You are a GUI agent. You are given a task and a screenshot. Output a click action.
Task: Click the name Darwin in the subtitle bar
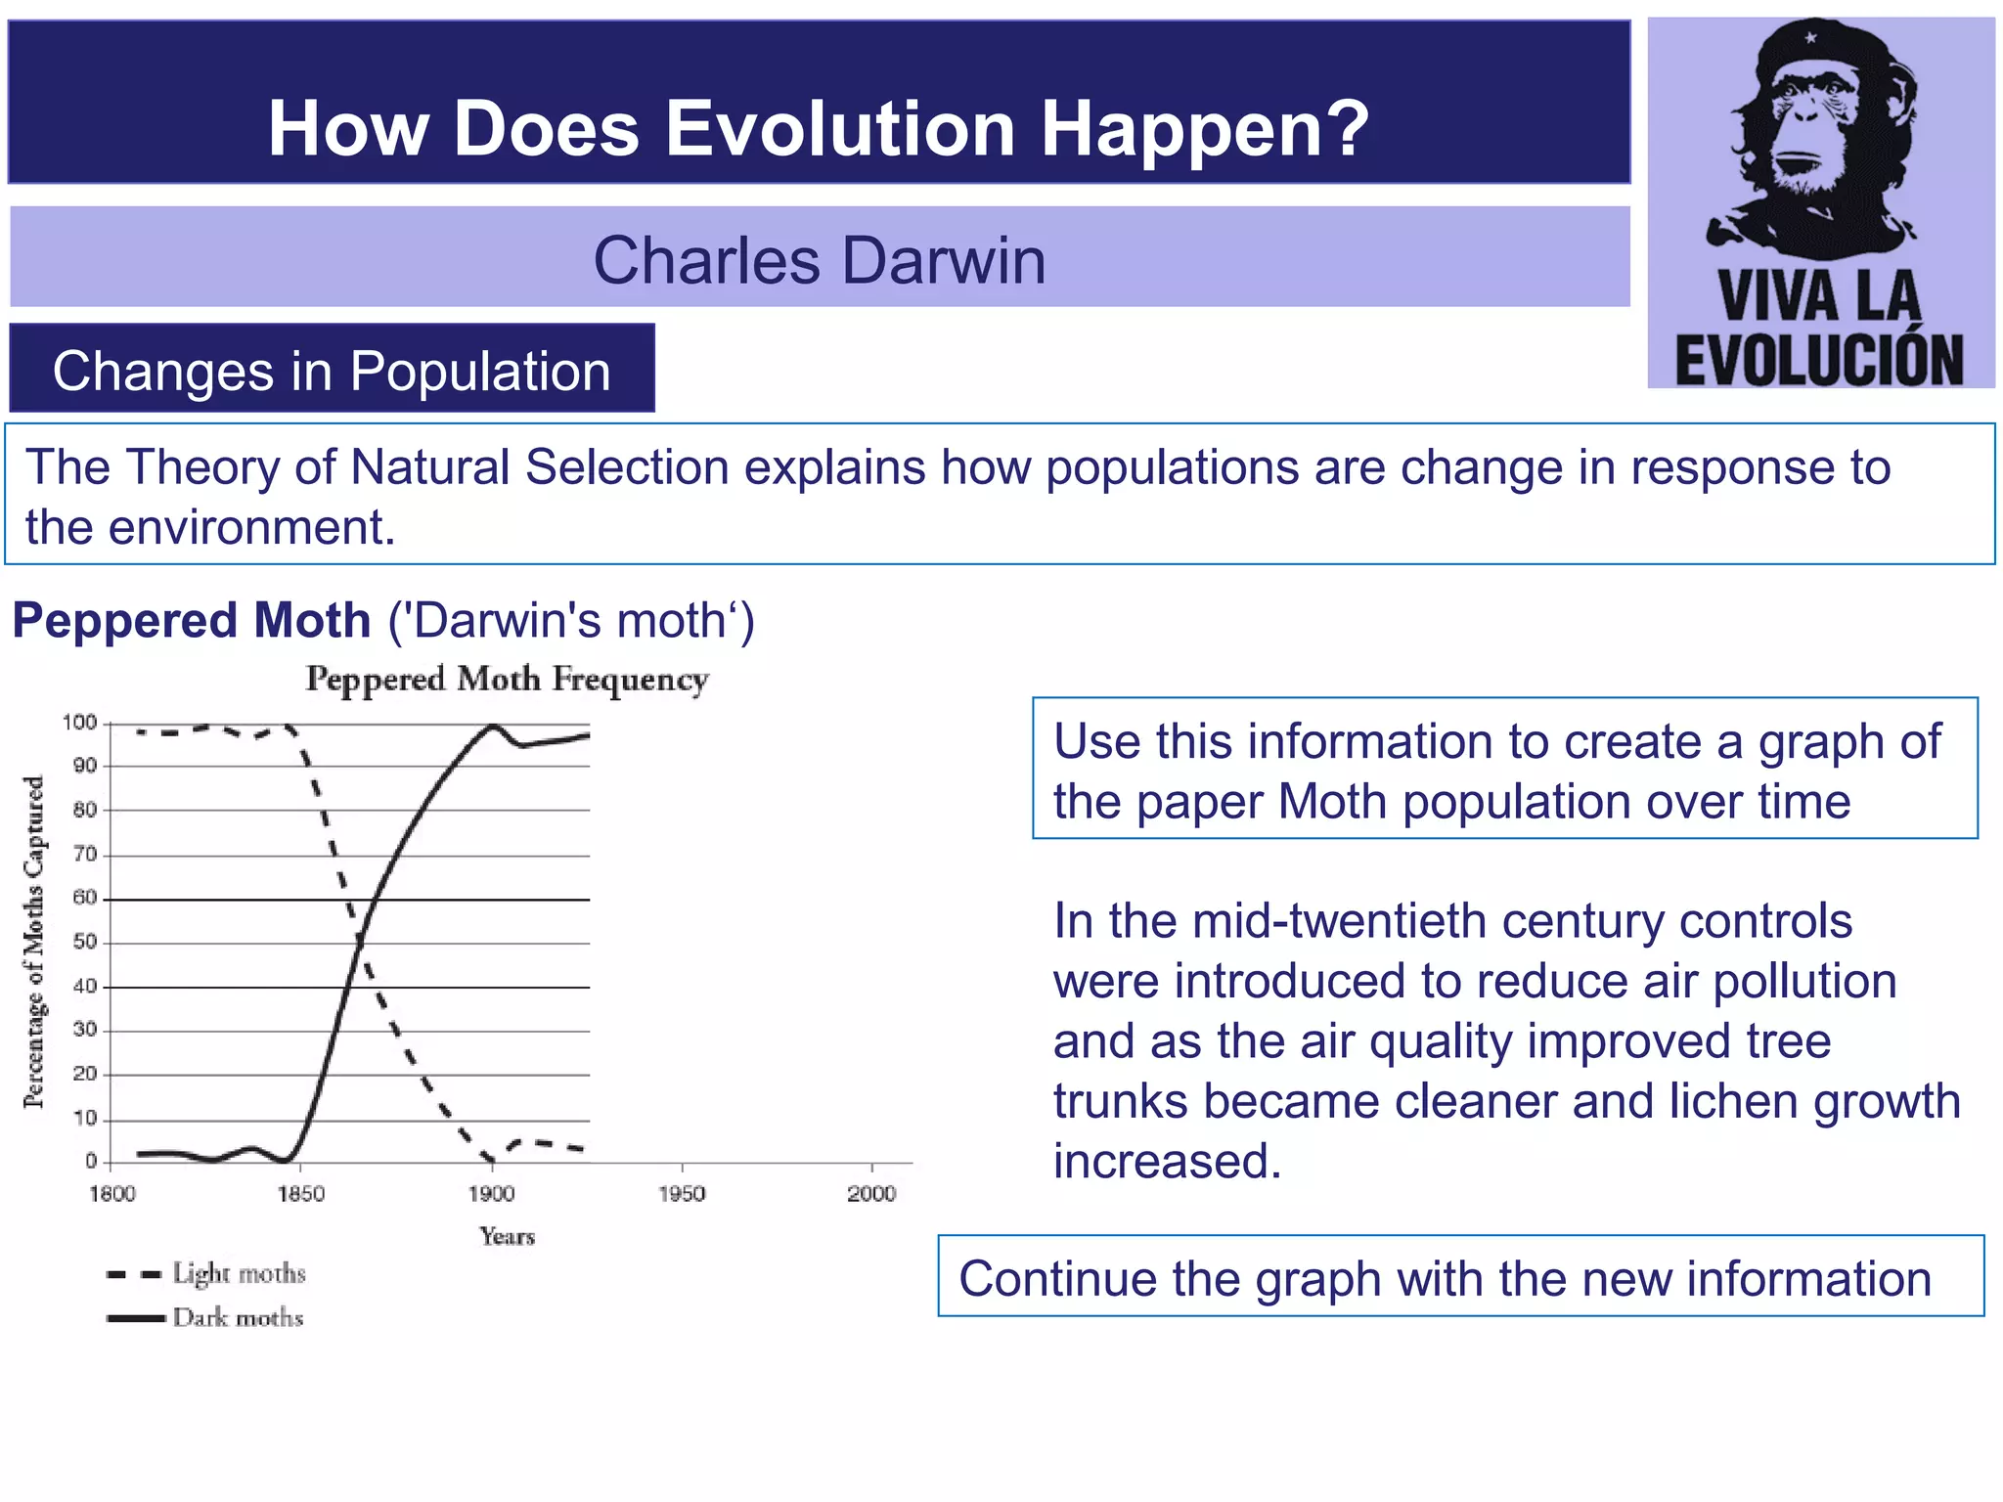(x=944, y=261)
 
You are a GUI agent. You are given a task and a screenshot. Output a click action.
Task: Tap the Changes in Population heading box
(x=332, y=371)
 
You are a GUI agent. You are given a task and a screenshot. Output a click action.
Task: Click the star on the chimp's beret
(x=1810, y=38)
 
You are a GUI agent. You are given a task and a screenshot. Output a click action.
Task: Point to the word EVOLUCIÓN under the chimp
(x=1819, y=359)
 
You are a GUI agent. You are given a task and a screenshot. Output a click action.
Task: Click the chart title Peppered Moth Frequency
(x=507, y=679)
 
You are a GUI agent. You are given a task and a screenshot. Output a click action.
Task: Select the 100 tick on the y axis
(x=79, y=723)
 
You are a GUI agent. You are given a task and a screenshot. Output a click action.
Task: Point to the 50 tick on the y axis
(x=84, y=942)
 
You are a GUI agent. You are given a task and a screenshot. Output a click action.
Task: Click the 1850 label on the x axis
(x=301, y=1194)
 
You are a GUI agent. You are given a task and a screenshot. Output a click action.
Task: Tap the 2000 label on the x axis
(x=871, y=1194)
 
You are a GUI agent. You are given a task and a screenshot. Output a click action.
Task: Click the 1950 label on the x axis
(x=682, y=1194)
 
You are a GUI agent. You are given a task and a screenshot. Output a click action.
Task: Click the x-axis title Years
(x=507, y=1237)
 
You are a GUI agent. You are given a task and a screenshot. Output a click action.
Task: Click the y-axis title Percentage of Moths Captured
(x=34, y=942)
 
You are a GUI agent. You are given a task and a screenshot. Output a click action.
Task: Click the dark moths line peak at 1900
(x=493, y=726)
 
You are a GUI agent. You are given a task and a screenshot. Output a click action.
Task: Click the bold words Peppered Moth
(x=192, y=621)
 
